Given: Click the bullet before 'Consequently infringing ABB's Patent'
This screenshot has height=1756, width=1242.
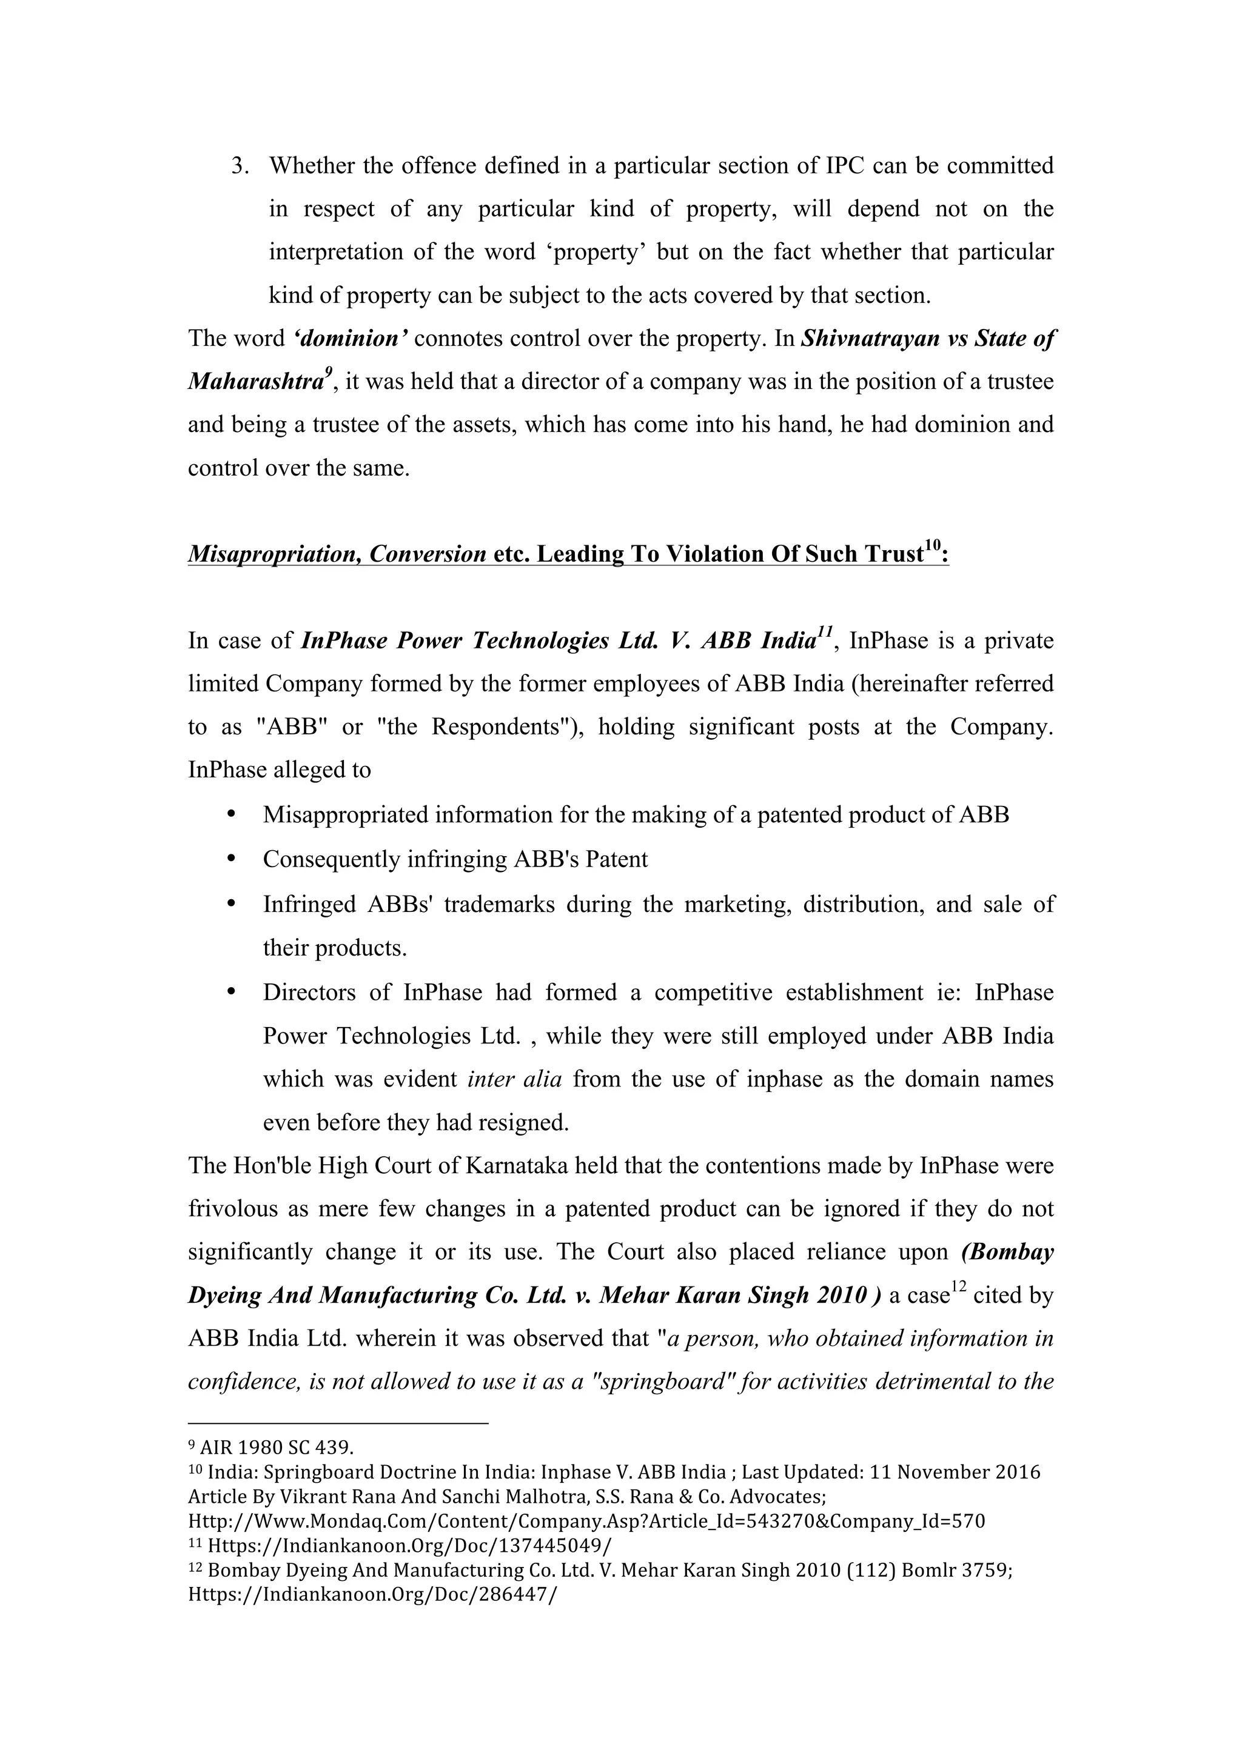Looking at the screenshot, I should [x=230, y=859].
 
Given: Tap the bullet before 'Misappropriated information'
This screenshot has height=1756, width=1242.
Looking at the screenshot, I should [x=230, y=814].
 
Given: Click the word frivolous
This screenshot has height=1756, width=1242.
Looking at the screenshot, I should [x=234, y=1209].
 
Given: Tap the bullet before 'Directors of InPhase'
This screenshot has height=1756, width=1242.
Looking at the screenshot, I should [x=230, y=992].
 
